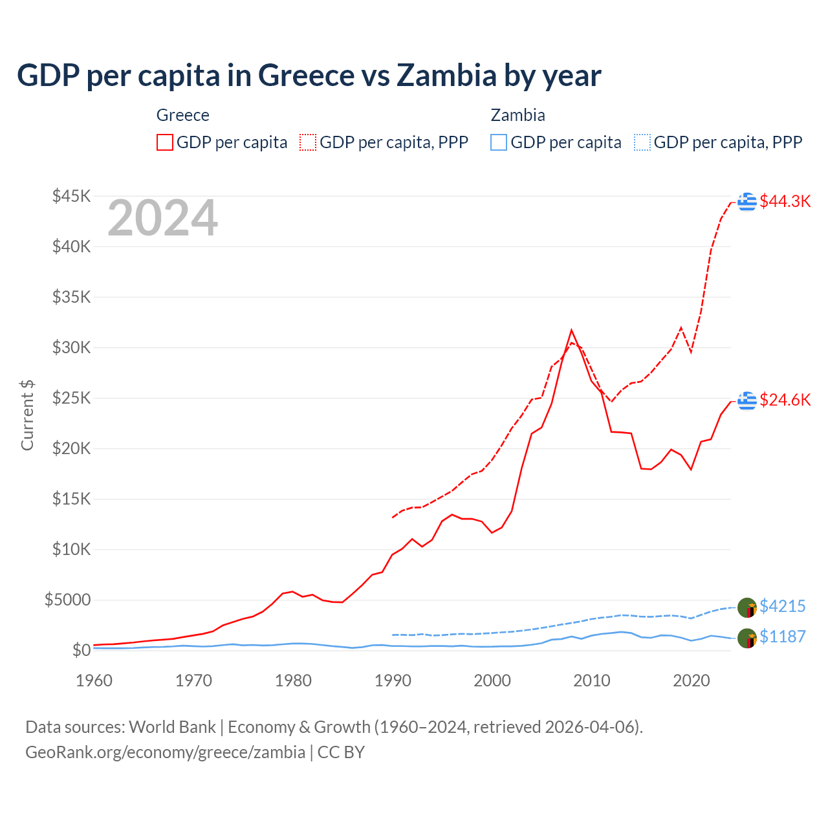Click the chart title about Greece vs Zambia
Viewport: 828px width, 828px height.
309,75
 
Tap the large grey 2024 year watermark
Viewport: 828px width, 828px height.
162,219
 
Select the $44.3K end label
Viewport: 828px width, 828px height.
785,201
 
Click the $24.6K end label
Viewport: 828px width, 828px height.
785,400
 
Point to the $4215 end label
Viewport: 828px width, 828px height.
782,606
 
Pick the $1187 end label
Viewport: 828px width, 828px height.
782,637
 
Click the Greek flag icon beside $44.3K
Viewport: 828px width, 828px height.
747,201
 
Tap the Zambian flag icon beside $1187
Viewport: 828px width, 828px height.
747,638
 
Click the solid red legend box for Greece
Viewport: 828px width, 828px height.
165,142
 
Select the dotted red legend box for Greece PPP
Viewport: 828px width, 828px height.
308,142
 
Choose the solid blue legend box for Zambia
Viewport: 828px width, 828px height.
499,142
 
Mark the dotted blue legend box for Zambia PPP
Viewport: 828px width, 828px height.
642,142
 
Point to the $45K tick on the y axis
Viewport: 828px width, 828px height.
72,196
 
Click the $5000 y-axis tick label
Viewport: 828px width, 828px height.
67,600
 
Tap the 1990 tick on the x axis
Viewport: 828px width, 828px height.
393,681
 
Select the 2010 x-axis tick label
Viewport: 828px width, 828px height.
592,681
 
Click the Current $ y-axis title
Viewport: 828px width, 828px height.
27,415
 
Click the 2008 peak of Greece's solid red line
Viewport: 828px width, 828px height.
571,331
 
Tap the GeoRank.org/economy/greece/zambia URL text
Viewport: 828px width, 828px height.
165,752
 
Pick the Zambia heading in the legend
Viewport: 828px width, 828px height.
517,115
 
